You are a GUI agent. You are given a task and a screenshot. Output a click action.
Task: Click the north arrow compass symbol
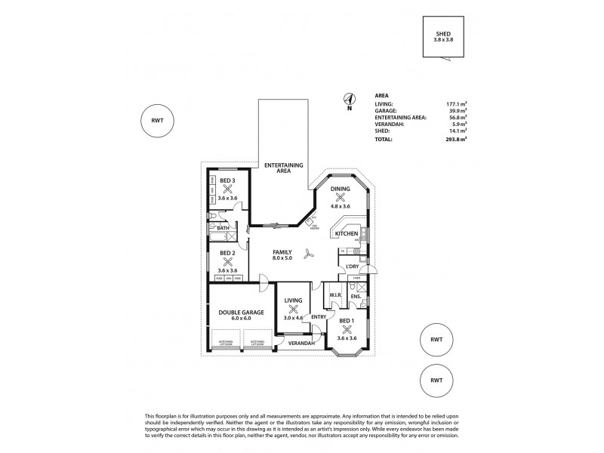click(349, 99)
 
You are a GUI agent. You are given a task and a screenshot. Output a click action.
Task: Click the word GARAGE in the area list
click(386, 110)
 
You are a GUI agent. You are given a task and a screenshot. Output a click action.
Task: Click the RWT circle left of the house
click(158, 121)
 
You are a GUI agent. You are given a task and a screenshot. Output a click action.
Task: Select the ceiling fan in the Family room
click(308, 254)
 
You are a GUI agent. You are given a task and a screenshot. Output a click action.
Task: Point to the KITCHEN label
click(346, 235)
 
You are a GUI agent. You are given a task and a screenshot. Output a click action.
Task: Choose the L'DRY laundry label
click(351, 267)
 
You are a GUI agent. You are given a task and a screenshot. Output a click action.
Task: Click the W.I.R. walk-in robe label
click(336, 295)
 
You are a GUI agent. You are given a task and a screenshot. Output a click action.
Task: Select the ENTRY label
click(319, 317)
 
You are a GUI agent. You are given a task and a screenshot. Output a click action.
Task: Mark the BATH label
click(223, 226)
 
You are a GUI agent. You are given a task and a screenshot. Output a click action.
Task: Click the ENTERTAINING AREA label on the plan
click(283, 168)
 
